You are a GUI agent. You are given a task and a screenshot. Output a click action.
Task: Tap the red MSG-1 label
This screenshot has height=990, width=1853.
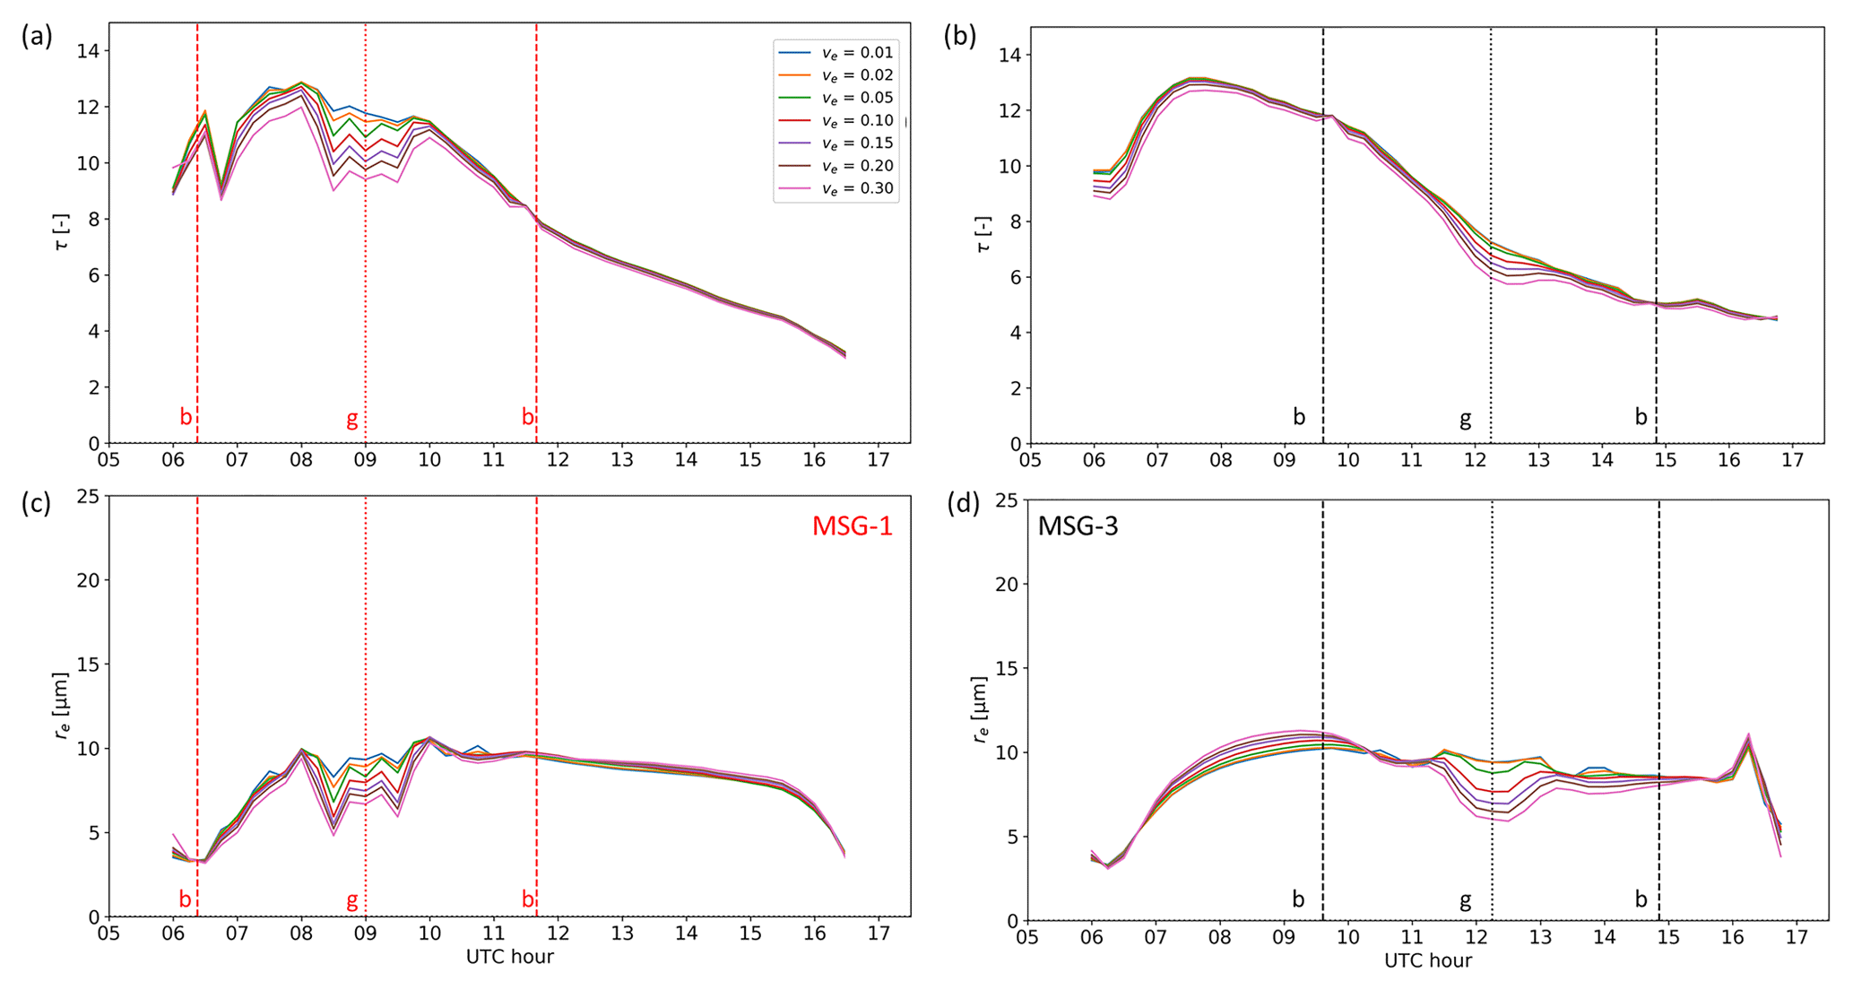click(852, 526)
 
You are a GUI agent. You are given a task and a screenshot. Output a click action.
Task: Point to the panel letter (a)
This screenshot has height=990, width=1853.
click(37, 36)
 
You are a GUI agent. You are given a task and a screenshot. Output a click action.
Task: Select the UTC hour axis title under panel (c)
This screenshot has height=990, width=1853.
click(509, 957)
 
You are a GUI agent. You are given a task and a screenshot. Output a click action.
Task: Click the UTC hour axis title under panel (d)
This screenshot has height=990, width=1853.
click(1427, 960)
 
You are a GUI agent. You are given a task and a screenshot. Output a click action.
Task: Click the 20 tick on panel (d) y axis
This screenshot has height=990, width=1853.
click(1007, 584)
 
